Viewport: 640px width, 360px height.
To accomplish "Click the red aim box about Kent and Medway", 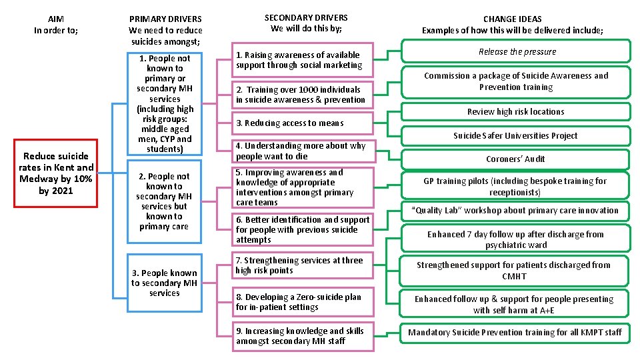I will click(x=57, y=173).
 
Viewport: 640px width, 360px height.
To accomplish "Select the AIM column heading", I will click(x=56, y=25).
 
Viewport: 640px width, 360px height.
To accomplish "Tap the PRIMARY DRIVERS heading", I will click(x=165, y=30).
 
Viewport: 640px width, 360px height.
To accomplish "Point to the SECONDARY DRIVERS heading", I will click(x=306, y=23).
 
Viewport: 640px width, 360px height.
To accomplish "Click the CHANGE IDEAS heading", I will click(x=512, y=25).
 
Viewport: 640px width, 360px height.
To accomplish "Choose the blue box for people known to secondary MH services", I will click(x=165, y=283).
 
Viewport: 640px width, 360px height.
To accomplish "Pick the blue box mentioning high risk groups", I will click(x=165, y=103).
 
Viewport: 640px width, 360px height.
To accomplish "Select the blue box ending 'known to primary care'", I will click(x=165, y=201).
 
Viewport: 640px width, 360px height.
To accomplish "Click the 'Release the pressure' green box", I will click(x=517, y=51).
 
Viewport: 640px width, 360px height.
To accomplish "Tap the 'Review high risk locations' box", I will click(x=515, y=111).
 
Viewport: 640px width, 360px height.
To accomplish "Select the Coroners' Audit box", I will click(x=515, y=159).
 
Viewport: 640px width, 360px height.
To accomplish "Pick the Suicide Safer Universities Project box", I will click(x=515, y=135).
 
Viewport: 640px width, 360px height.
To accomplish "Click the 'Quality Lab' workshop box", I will click(x=515, y=210).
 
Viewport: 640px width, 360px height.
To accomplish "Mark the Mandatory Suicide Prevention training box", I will click(x=515, y=332).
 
